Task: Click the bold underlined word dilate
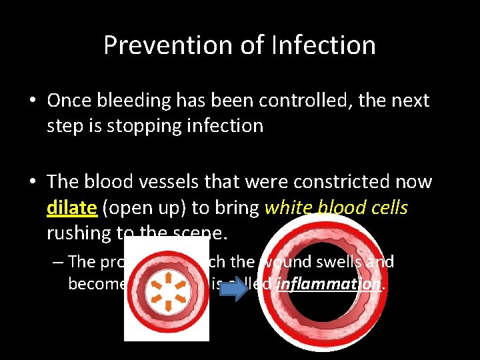(72, 207)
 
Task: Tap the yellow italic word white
(287, 207)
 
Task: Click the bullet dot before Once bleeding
(33, 101)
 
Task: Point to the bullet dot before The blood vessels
(33, 183)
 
